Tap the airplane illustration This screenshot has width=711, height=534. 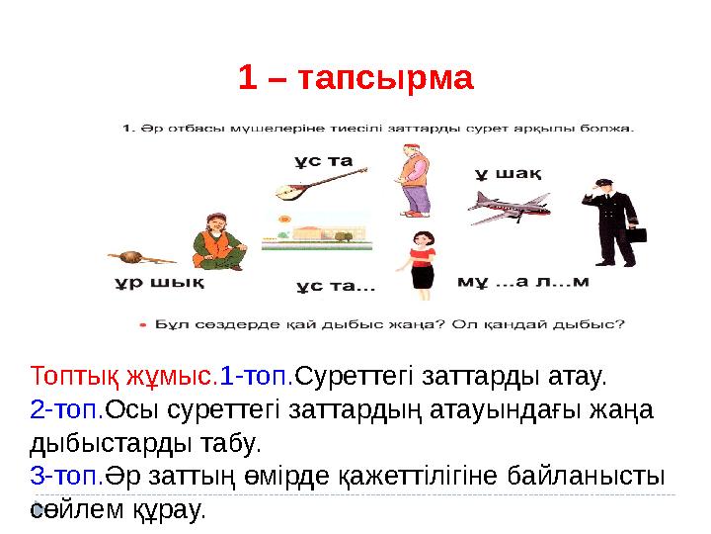click(x=507, y=207)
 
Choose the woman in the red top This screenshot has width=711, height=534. click(x=423, y=259)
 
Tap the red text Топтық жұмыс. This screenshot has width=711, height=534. click(x=123, y=377)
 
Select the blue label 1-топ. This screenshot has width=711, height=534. click(x=257, y=377)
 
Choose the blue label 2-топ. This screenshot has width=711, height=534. click(x=66, y=408)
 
